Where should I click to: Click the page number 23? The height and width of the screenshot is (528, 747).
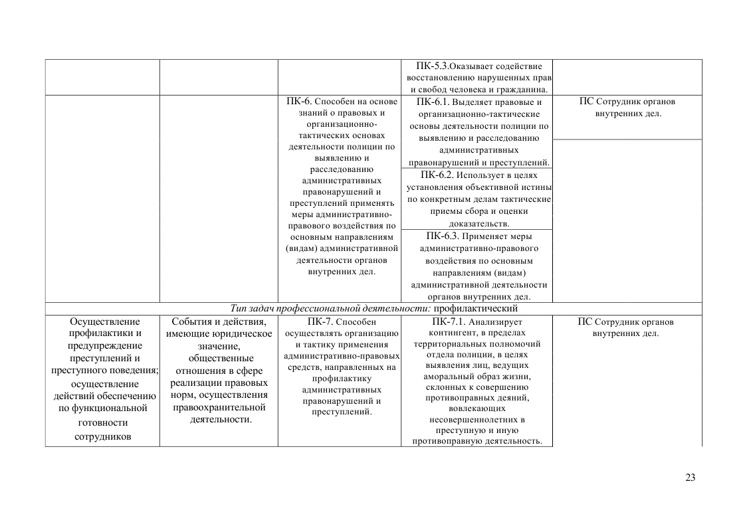point(691,477)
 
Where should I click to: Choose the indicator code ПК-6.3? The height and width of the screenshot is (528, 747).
point(443,236)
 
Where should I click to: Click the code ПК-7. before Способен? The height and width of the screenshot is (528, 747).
point(321,321)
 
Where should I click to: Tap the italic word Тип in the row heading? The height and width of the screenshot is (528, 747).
point(239,309)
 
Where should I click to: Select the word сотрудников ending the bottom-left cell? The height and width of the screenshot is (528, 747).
point(102,436)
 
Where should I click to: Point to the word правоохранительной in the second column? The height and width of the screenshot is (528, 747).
point(219,407)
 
